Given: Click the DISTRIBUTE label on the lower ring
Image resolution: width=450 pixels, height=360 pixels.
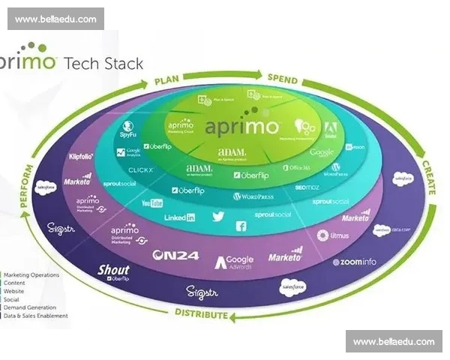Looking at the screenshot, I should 201,313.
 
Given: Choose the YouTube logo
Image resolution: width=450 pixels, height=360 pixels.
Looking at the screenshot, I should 152,203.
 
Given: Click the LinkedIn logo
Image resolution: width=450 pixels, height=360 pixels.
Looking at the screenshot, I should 180,217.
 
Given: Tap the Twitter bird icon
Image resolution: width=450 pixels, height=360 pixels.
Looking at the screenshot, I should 218,216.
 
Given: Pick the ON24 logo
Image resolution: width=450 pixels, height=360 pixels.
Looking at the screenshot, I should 175,256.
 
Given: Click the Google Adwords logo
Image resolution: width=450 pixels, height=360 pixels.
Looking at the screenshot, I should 235,262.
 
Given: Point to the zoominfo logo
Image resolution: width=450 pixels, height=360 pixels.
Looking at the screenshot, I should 355,262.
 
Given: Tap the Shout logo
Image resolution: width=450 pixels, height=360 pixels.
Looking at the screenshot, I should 113,271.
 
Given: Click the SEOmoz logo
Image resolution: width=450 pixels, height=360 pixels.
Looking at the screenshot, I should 307,187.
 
